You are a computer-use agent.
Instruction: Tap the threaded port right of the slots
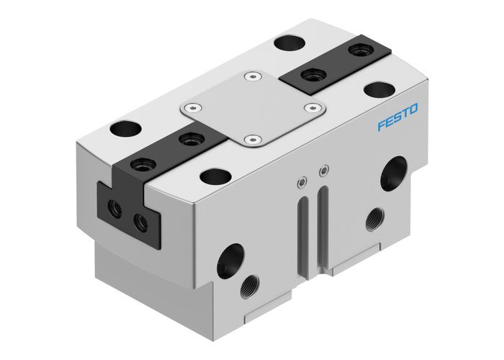(374, 217)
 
